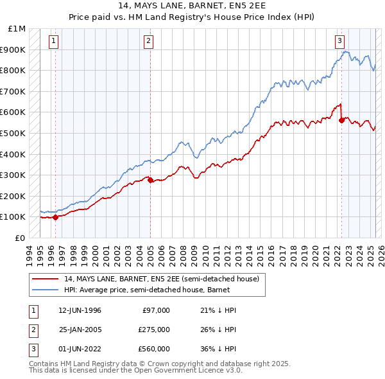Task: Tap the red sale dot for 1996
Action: (x=55, y=217)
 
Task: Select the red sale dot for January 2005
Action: (x=150, y=180)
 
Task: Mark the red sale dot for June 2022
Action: (x=341, y=120)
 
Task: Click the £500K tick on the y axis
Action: (x=13, y=133)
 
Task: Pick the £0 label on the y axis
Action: (x=21, y=238)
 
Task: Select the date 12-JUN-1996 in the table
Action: (x=80, y=310)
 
